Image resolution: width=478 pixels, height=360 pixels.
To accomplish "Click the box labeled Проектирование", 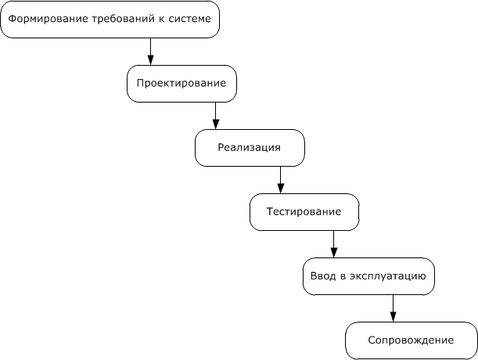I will (181, 83).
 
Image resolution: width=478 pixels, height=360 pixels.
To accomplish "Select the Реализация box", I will (249, 147).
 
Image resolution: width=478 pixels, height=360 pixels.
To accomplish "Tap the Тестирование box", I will (304, 211).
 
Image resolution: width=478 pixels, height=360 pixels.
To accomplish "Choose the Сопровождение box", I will (411, 340).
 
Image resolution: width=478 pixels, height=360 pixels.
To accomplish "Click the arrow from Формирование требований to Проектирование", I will (150, 51).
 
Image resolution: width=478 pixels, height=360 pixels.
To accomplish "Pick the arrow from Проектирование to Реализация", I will (216, 114).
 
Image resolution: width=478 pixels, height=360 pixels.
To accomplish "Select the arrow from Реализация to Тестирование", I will (280, 179).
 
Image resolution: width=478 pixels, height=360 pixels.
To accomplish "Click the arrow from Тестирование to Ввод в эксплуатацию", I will (334, 243).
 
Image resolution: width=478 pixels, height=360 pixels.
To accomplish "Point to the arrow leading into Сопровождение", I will (393, 308).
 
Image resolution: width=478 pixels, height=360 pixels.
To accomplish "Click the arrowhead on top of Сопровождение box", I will (393, 317).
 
